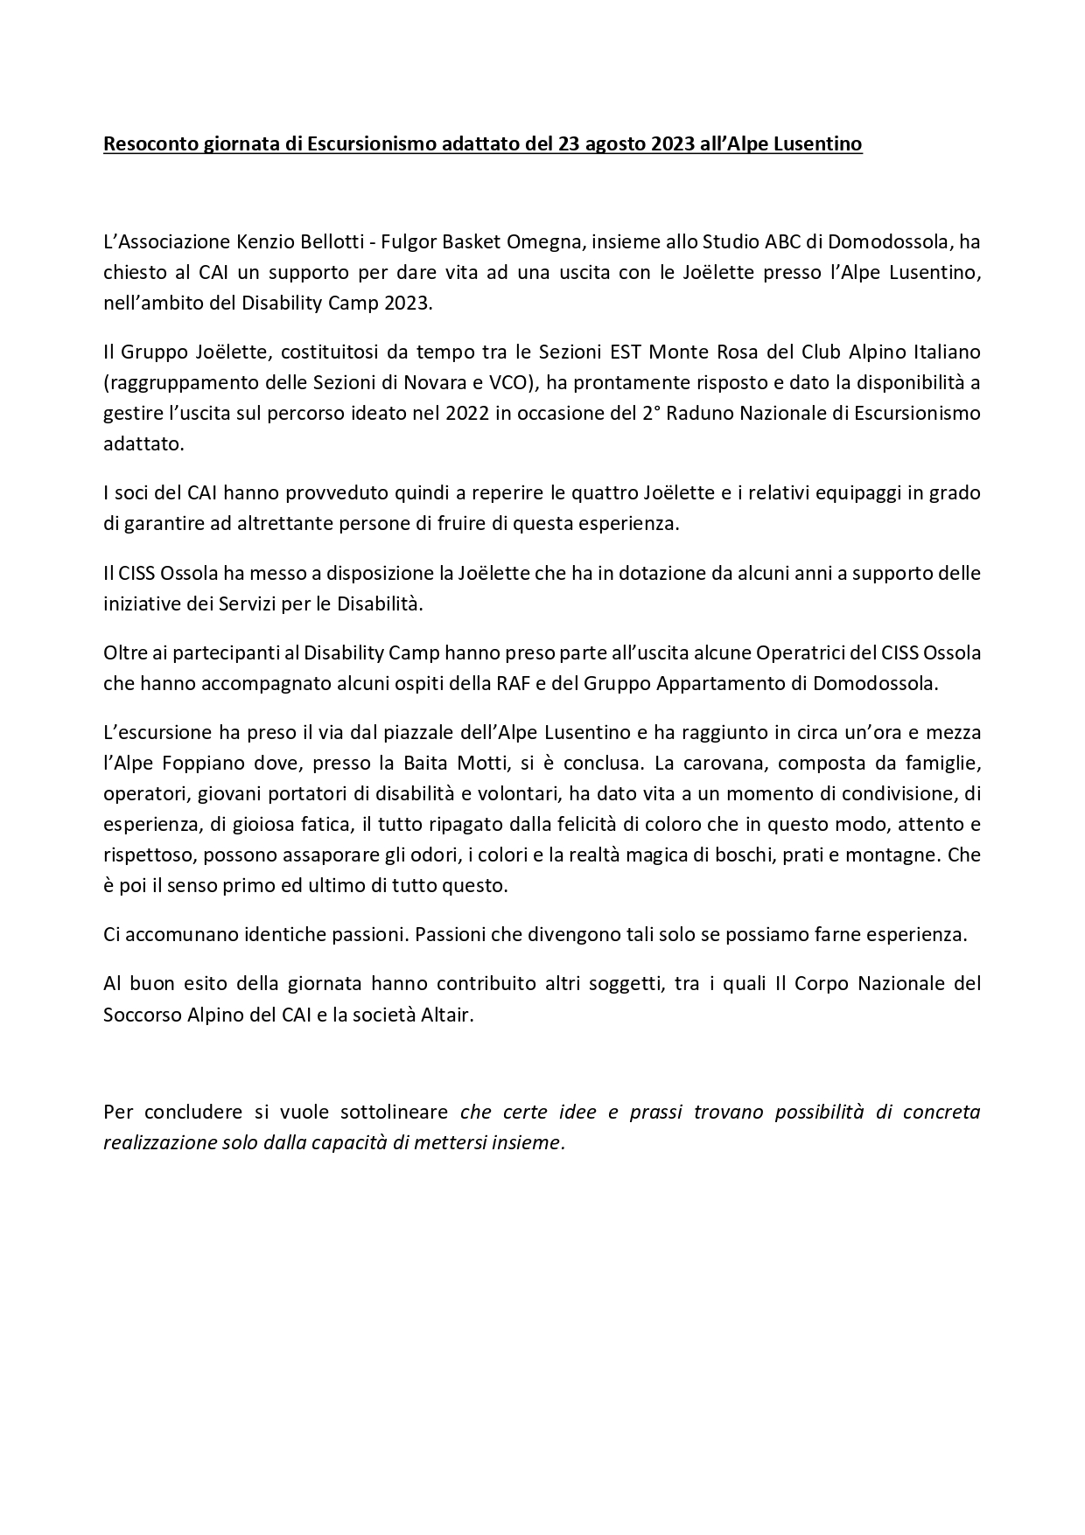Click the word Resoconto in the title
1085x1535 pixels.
pos(145,144)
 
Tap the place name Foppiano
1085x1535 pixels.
pos(200,764)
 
